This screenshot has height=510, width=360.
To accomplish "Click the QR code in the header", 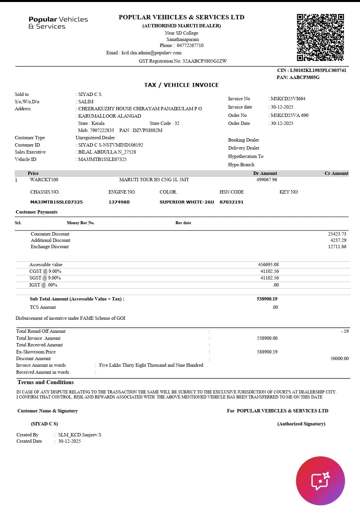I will click(x=320, y=37).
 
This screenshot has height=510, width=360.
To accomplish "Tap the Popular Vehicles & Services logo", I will click(x=58, y=23).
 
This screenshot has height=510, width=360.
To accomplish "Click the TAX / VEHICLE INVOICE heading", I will click(x=181, y=85).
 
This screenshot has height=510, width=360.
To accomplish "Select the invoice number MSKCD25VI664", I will click(x=288, y=99).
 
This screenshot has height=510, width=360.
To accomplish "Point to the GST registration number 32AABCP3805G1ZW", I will click(x=204, y=61).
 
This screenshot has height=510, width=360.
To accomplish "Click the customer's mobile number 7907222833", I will click(x=102, y=130).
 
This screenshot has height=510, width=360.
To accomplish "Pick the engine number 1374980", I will click(x=119, y=202).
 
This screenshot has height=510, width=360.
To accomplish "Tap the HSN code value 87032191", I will click(x=231, y=202).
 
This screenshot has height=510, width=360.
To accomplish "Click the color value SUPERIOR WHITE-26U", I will click(x=187, y=202).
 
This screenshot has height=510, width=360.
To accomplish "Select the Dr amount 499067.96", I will click(x=267, y=180).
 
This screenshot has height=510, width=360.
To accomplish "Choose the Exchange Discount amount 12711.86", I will click(x=337, y=247).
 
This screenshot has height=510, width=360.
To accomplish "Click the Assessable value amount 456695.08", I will click(x=268, y=264).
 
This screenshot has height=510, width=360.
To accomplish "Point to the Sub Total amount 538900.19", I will click(x=267, y=299).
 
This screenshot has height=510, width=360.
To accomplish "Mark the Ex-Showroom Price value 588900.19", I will click(x=267, y=352).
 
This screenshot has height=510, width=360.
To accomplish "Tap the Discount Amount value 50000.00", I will click(x=339, y=358).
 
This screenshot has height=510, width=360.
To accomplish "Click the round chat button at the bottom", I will click(x=320, y=481).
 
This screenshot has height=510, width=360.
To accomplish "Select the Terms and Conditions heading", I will click(x=46, y=382).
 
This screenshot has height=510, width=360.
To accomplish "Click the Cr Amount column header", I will click(x=336, y=173).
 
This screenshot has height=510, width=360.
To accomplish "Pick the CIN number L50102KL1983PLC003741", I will click(x=318, y=70).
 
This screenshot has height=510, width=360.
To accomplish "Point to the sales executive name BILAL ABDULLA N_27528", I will click(x=107, y=152).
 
